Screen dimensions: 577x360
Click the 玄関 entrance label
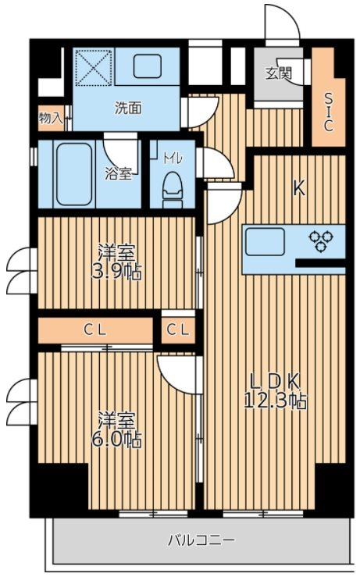tap(278, 74)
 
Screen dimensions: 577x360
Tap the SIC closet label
tap(329, 112)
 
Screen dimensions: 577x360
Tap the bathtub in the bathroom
tap(70, 174)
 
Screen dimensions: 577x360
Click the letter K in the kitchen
tap(298, 187)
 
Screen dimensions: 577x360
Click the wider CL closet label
tap(96, 330)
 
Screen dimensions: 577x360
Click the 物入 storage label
tap(51, 118)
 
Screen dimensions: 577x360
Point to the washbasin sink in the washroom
tap(147, 67)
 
